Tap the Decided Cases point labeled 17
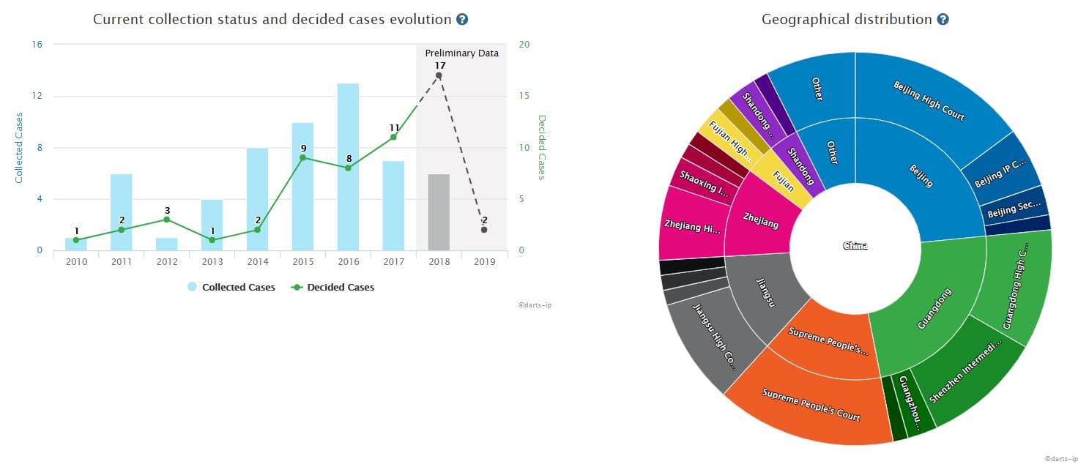pos(439,75)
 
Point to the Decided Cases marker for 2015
pos(302,158)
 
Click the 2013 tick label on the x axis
pos(212,262)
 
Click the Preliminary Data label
pos(461,53)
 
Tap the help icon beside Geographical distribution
pos(943,20)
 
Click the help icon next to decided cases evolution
pos(462,20)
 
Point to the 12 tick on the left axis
pos(37,96)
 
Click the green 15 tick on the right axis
pos(524,96)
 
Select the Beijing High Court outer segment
pos(929,101)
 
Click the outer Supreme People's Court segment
pos(811,404)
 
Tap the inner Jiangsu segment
pos(765,300)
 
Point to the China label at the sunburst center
pos(855,246)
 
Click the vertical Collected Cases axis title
pos(19,147)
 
